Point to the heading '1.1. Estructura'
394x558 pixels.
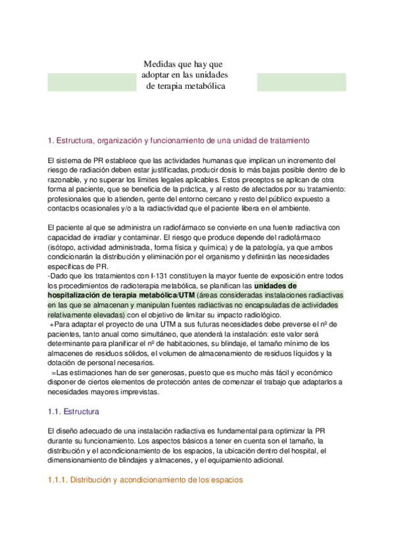74,412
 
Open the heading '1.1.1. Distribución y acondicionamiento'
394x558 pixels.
145,480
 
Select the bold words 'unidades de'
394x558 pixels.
275,286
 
